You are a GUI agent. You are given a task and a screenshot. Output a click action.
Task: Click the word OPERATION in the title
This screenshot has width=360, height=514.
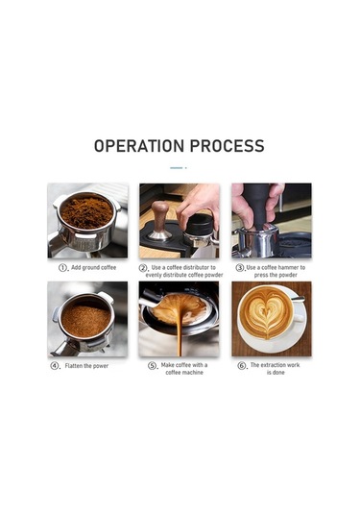(x=139, y=146)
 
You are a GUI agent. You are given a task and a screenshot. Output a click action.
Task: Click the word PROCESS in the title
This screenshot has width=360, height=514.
(x=227, y=146)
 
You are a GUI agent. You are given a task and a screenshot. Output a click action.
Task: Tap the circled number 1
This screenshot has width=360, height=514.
(x=62, y=267)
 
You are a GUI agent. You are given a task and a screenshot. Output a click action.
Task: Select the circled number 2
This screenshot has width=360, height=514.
(x=142, y=268)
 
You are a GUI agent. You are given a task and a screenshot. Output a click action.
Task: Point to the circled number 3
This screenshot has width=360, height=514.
(x=240, y=268)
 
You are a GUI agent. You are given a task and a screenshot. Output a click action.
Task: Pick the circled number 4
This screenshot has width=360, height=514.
(x=54, y=365)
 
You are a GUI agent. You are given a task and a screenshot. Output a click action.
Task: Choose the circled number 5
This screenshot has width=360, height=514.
(x=152, y=365)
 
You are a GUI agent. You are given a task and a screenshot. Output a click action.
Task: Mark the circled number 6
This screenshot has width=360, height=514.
(x=241, y=365)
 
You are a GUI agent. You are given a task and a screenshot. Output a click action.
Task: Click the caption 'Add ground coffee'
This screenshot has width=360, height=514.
(x=94, y=267)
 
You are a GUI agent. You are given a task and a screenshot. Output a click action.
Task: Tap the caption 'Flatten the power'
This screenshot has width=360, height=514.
(x=86, y=366)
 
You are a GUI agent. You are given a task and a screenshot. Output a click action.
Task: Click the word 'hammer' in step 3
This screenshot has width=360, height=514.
(x=287, y=267)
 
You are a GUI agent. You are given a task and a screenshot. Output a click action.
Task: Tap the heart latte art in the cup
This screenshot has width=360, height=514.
(x=266, y=313)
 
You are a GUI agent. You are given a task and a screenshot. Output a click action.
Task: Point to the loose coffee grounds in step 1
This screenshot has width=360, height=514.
(x=86, y=211)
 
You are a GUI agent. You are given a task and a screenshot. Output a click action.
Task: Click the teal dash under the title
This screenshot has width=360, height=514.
(x=177, y=168)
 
